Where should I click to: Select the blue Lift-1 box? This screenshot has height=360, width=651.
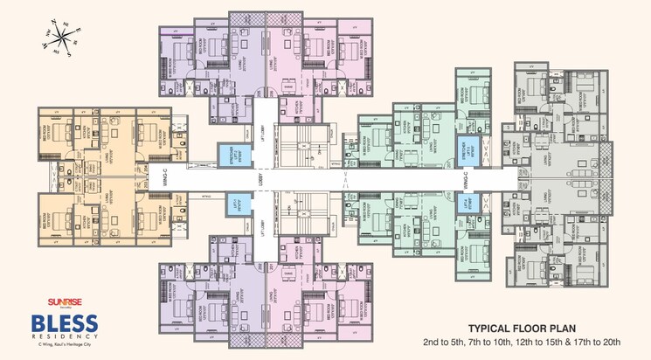[235, 205]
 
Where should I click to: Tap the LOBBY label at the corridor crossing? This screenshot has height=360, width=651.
[260, 178]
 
